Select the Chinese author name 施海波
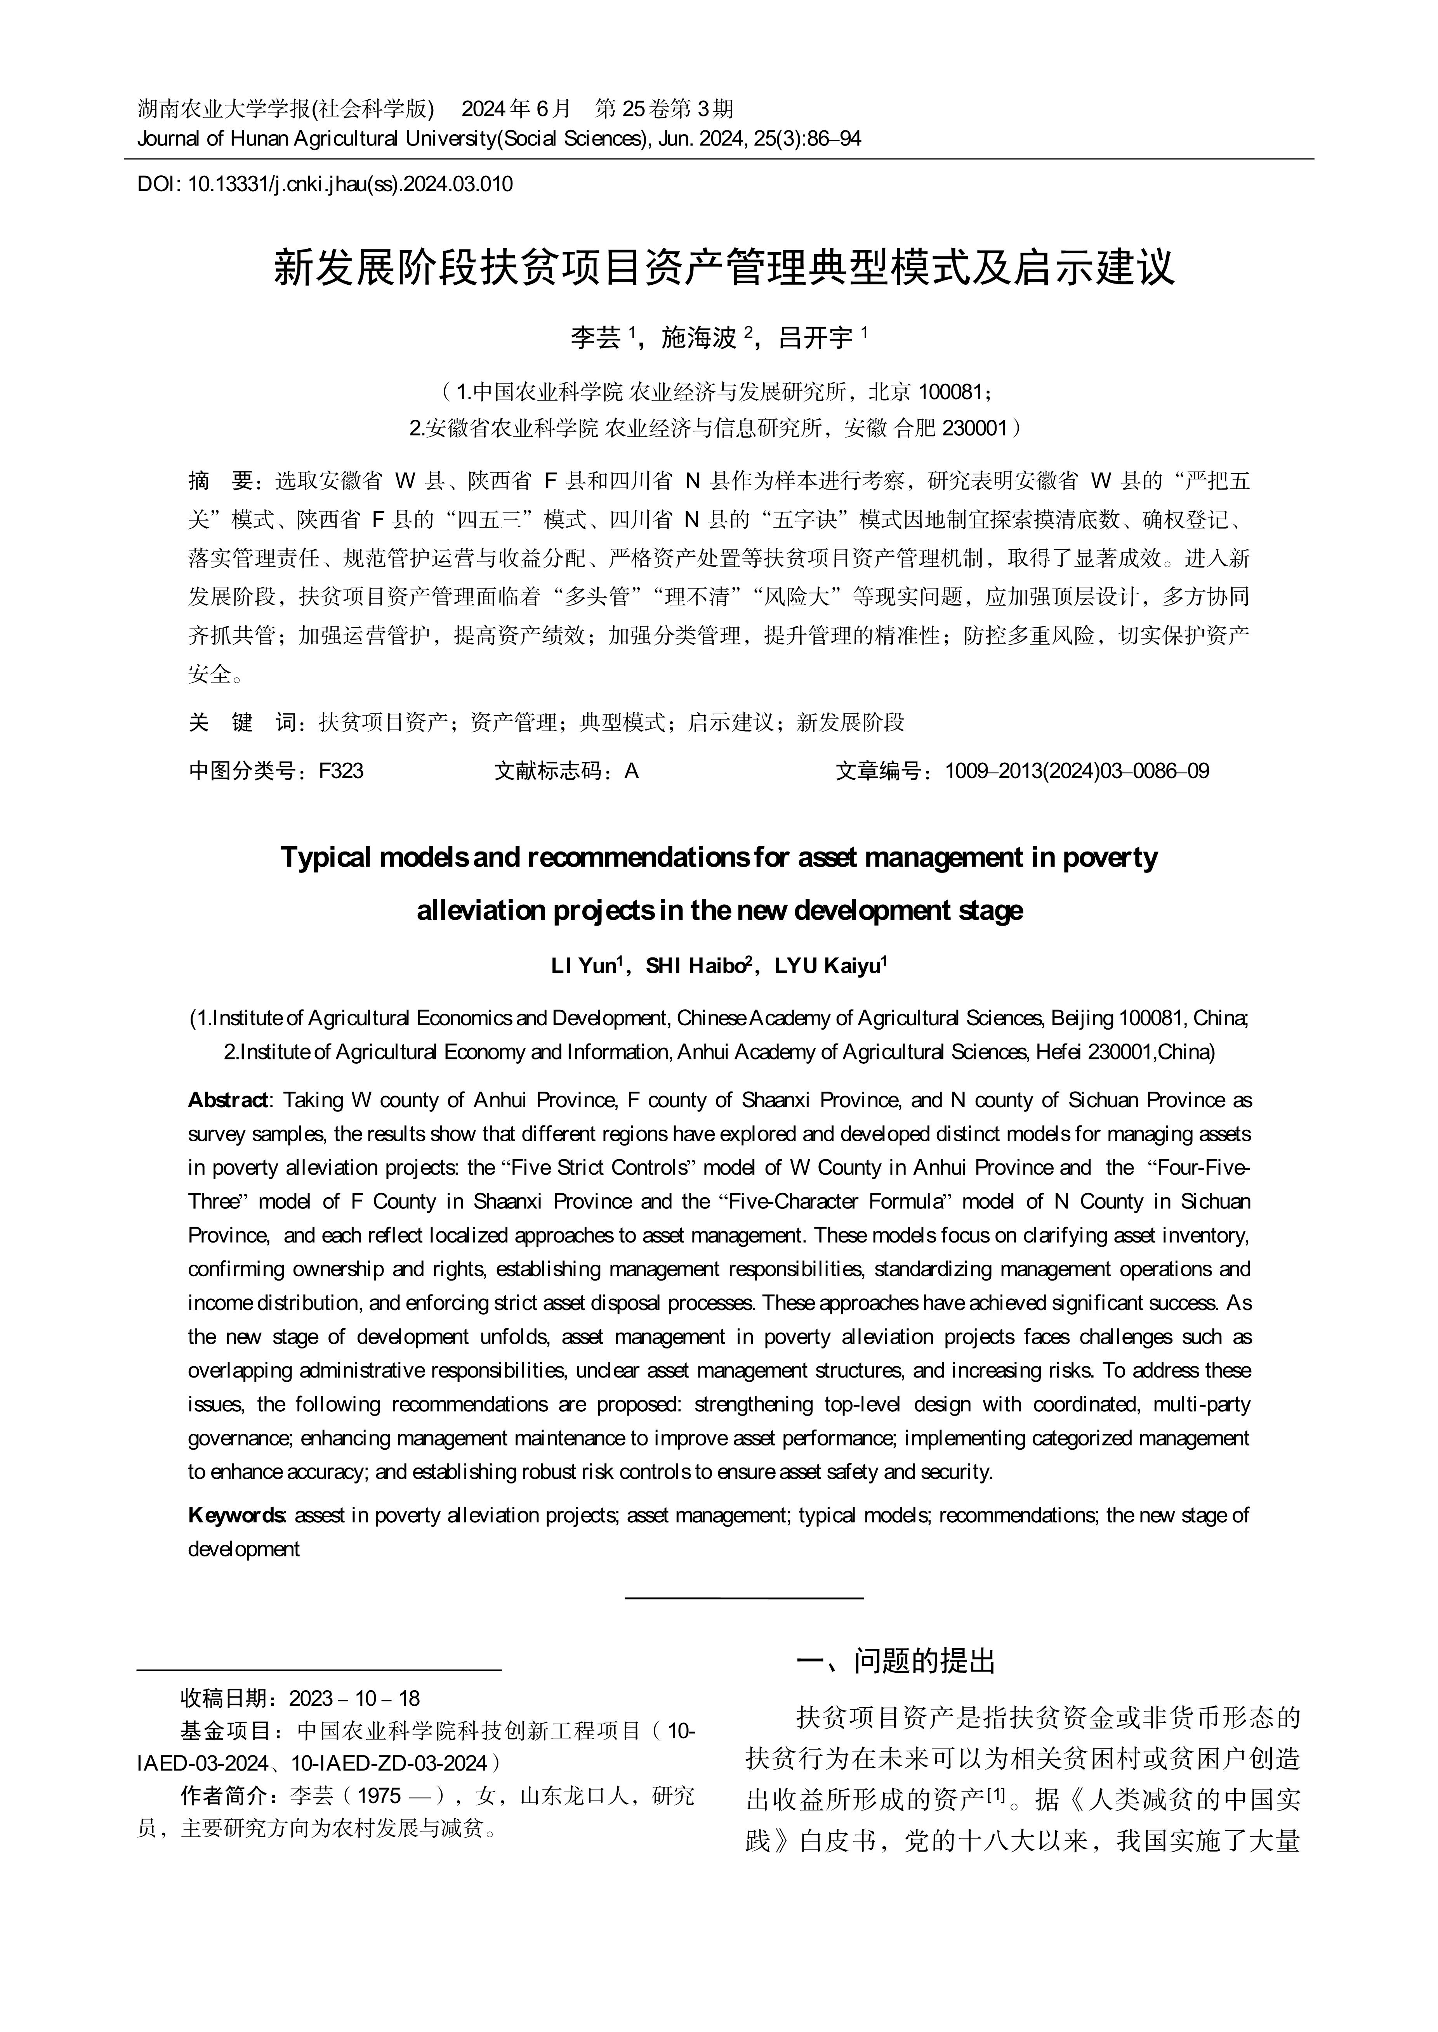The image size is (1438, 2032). (699, 337)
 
